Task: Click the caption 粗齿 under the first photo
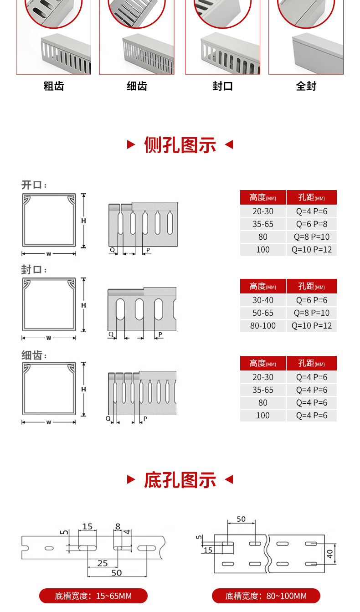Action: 53,86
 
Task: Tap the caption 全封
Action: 306,86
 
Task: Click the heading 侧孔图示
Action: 180,145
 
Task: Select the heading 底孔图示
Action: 180,480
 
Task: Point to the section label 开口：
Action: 34,185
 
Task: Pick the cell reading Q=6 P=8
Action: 312,224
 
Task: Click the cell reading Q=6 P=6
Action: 312,300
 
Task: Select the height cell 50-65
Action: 263,313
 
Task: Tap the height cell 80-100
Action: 263,325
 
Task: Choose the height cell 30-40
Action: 263,300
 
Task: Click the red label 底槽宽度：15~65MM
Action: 93,596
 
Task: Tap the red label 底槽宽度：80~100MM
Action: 266,596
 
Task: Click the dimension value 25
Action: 103,564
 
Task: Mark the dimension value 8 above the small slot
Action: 118,527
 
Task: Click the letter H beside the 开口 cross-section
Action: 83,221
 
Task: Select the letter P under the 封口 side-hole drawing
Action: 160,334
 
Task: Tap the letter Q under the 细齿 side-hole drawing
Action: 108,418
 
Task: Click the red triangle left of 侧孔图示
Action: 131,145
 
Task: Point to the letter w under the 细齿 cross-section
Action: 49,422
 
